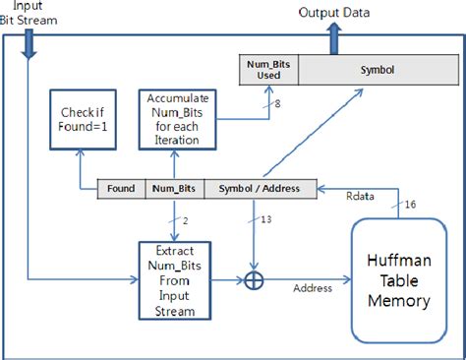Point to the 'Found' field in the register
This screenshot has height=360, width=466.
(x=122, y=188)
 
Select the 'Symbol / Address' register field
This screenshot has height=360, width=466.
(x=259, y=188)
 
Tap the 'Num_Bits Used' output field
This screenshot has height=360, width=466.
(x=269, y=70)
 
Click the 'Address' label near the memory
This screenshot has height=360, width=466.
(x=311, y=289)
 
